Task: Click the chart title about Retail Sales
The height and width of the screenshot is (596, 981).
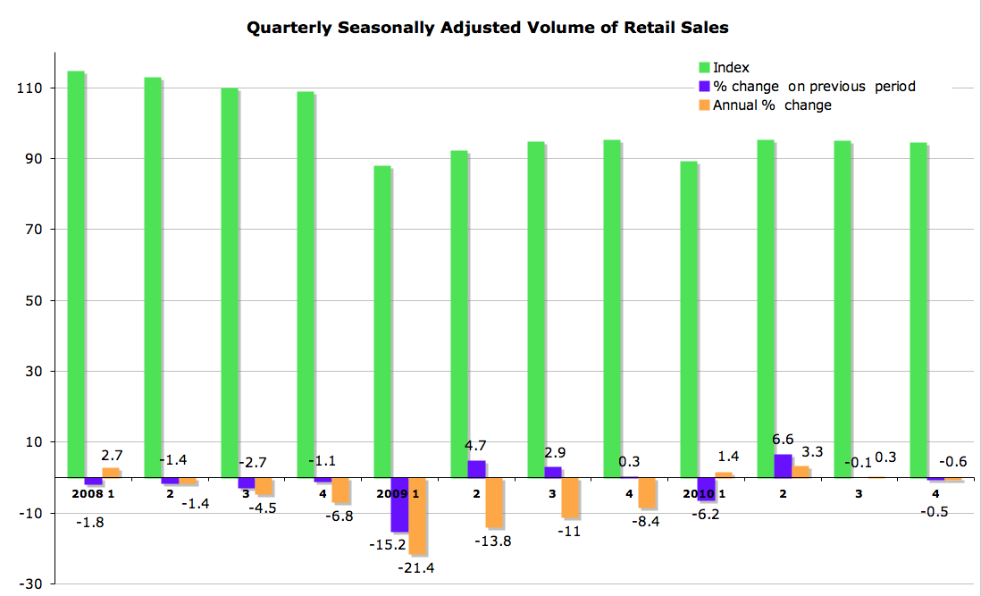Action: click(487, 28)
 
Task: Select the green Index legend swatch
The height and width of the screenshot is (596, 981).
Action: click(704, 67)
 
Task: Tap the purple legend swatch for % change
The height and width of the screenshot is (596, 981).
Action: click(704, 86)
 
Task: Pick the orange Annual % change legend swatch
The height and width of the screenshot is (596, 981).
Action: click(704, 105)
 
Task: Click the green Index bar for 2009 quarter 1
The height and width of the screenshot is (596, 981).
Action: click(382, 322)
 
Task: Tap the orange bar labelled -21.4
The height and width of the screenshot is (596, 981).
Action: click(417, 516)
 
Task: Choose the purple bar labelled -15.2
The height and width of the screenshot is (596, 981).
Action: click(399, 504)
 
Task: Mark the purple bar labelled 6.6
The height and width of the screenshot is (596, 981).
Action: click(783, 466)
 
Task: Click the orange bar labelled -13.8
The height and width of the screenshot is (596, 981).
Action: click(494, 502)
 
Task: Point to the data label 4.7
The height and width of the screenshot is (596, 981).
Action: click(476, 445)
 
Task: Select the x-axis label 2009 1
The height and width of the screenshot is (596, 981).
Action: click(398, 492)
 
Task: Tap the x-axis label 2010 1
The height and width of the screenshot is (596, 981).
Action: click(703, 492)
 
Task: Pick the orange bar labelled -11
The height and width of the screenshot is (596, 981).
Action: click(570, 497)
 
